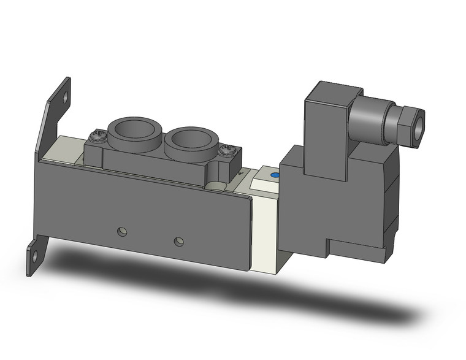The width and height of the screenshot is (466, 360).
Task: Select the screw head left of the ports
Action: [x=97, y=134]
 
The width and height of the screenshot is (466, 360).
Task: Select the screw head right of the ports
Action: [x=227, y=148]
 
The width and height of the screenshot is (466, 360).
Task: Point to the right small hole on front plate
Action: [x=178, y=241]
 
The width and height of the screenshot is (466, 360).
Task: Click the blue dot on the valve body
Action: [x=273, y=176]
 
